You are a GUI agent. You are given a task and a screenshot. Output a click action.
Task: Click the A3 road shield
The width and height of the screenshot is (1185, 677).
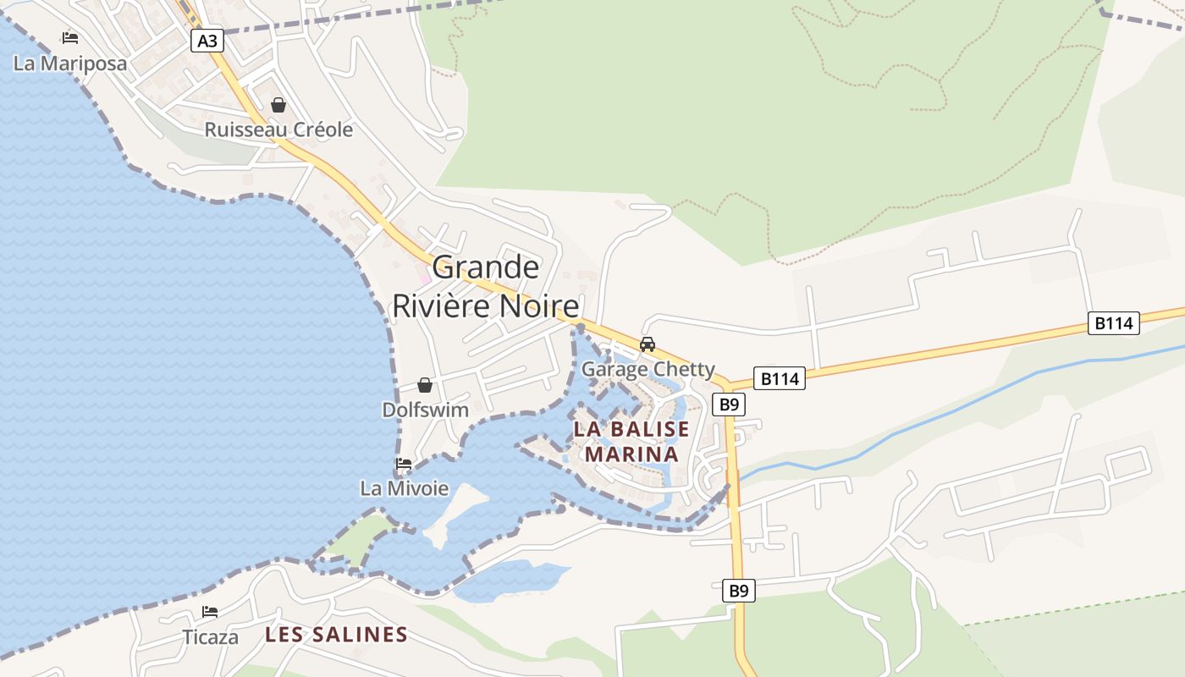[x=207, y=41]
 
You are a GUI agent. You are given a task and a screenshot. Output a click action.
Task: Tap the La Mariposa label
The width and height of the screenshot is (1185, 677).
[x=70, y=63]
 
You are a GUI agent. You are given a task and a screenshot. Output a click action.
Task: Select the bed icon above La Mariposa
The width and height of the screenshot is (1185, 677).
[x=70, y=38]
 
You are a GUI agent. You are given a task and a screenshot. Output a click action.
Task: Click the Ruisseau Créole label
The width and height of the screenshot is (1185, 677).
[x=278, y=129]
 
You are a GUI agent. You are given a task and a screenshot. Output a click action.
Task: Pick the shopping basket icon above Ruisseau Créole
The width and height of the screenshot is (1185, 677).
[x=278, y=105]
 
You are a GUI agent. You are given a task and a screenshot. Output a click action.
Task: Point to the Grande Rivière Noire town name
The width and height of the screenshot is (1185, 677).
[x=486, y=287]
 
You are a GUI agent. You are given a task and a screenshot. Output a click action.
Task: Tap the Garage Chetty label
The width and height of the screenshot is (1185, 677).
[x=648, y=370]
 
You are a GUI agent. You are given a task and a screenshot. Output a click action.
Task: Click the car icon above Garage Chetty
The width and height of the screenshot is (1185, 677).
[x=648, y=344]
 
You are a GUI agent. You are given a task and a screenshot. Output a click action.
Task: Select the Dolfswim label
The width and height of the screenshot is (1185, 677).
[x=425, y=410]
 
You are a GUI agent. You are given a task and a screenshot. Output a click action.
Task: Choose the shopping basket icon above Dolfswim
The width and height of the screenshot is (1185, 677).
[x=425, y=385]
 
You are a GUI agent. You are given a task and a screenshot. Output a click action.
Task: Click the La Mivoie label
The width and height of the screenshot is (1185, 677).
[x=404, y=488]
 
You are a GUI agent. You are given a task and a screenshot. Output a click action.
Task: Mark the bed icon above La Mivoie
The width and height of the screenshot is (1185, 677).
[x=404, y=464]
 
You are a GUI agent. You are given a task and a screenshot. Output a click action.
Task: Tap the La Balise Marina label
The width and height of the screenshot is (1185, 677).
[x=631, y=441]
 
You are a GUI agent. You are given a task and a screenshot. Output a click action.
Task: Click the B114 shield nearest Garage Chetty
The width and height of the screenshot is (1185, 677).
[x=779, y=378]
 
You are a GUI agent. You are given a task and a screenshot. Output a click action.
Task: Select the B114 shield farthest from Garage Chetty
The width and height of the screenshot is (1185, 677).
[x=1113, y=322]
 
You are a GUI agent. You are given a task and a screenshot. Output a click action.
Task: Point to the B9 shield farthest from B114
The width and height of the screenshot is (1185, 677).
[x=739, y=591]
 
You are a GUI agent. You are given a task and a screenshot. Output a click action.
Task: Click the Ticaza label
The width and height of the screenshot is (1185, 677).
[x=210, y=636]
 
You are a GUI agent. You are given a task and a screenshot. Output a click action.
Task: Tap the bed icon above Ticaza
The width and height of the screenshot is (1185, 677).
[x=210, y=612]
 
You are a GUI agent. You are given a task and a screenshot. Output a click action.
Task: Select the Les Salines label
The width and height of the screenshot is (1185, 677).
[x=336, y=634]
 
